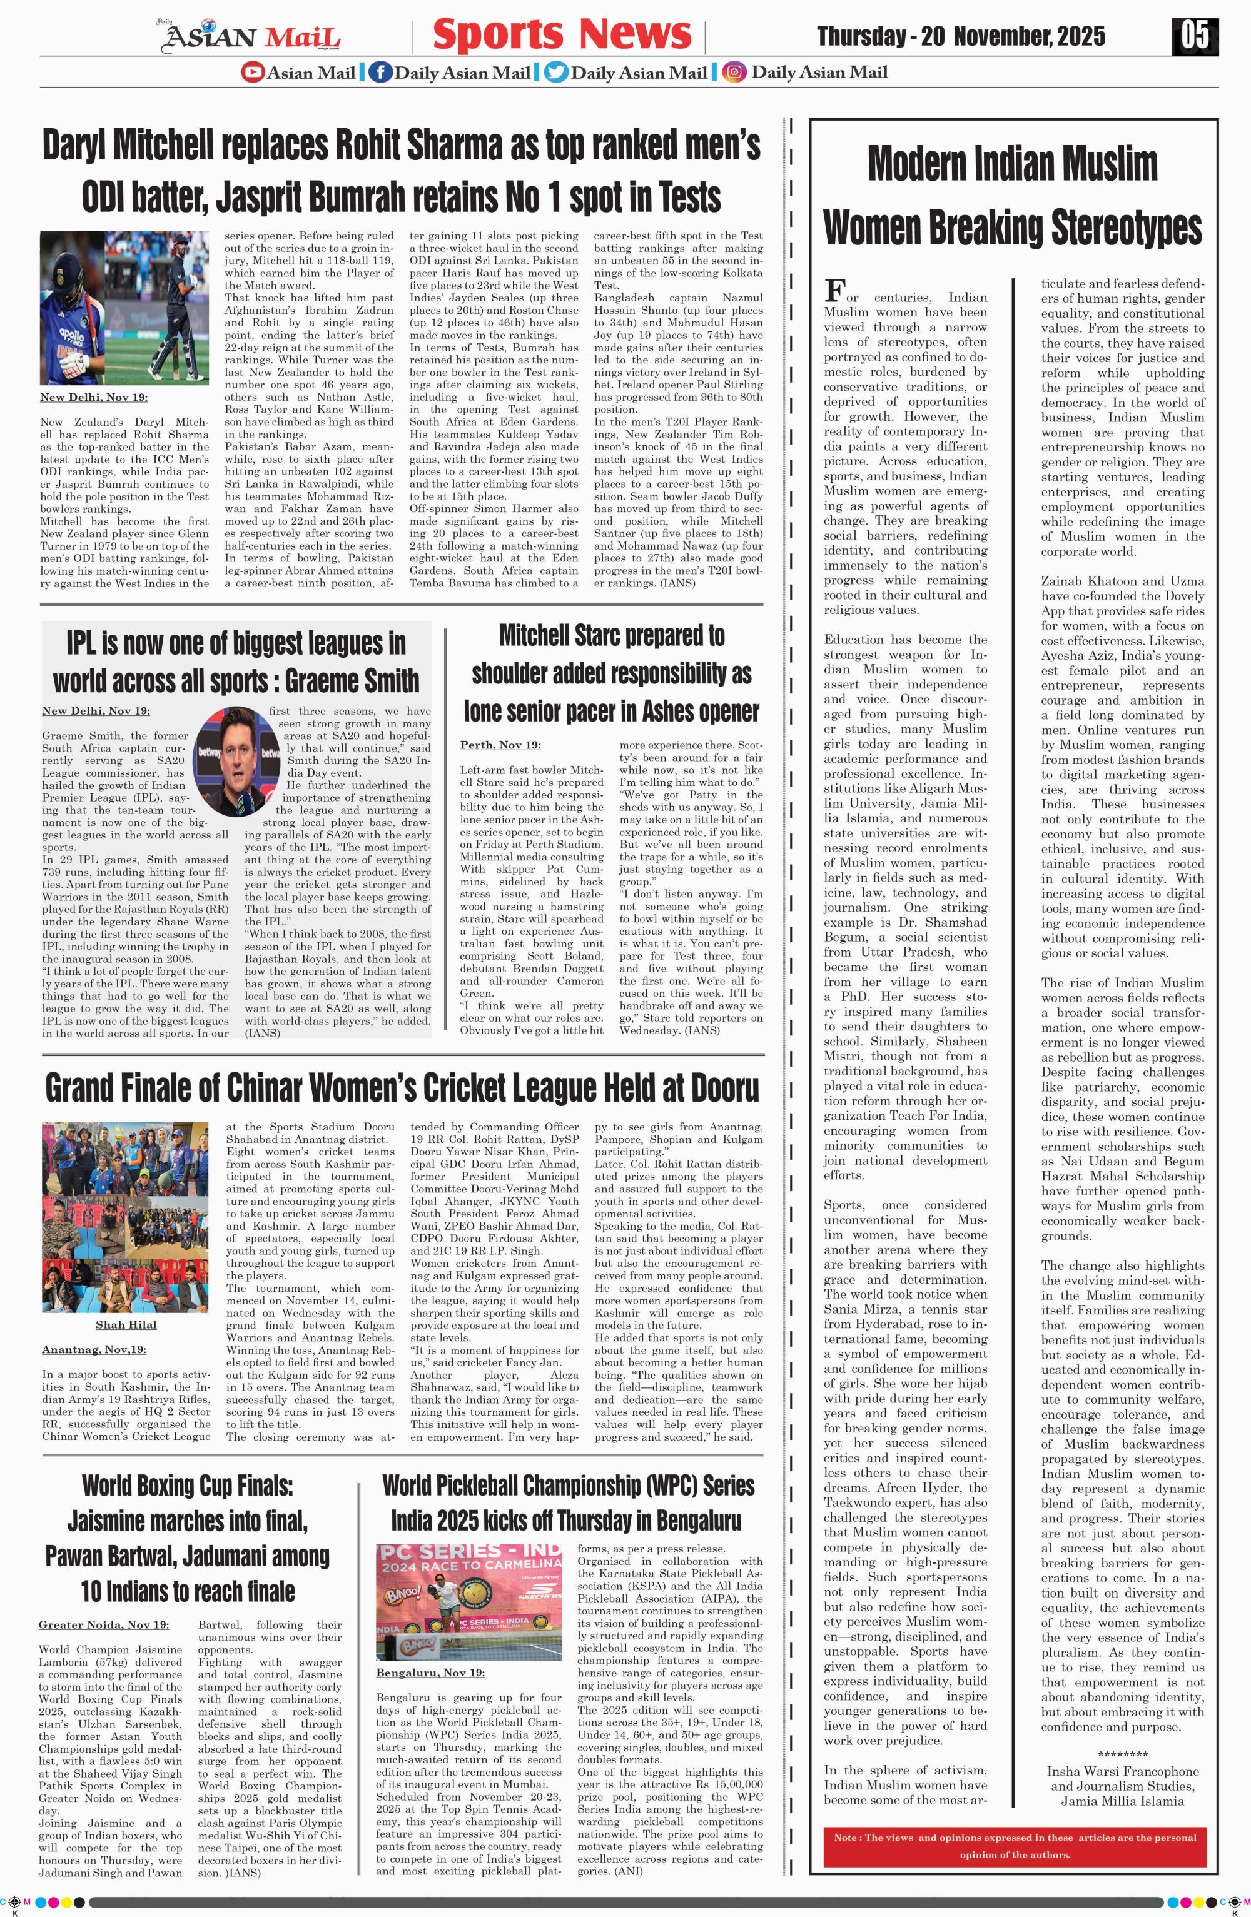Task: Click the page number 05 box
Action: pos(1195,36)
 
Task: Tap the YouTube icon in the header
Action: pos(252,73)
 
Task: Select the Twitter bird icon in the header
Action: pos(556,73)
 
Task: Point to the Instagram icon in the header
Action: pos(734,73)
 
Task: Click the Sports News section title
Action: pos(562,34)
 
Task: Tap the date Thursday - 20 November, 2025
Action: pos(960,36)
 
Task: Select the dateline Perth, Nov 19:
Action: pos(500,745)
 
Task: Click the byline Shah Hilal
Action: pos(126,1324)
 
